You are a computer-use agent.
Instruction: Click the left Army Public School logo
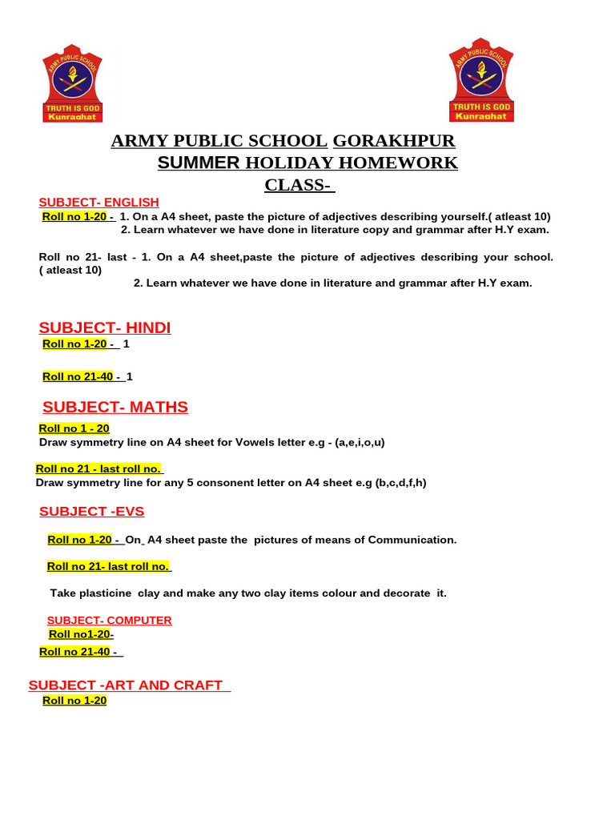point(72,83)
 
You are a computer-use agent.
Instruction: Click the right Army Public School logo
point(481,79)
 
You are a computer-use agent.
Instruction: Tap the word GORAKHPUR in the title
point(393,142)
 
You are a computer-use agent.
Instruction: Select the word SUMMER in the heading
point(199,163)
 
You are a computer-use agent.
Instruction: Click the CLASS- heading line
point(299,186)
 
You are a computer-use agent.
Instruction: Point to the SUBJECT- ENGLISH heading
point(99,202)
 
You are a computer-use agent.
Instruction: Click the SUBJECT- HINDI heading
point(105,328)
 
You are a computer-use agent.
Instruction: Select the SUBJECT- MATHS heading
point(115,407)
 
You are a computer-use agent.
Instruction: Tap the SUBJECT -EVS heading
point(92,511)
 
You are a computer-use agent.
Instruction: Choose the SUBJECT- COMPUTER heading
point(110,620)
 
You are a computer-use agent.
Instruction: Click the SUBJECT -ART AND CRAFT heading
point(129,685)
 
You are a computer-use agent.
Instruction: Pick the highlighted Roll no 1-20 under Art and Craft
point(74,701)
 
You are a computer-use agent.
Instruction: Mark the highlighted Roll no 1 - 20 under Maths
point(74,428)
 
